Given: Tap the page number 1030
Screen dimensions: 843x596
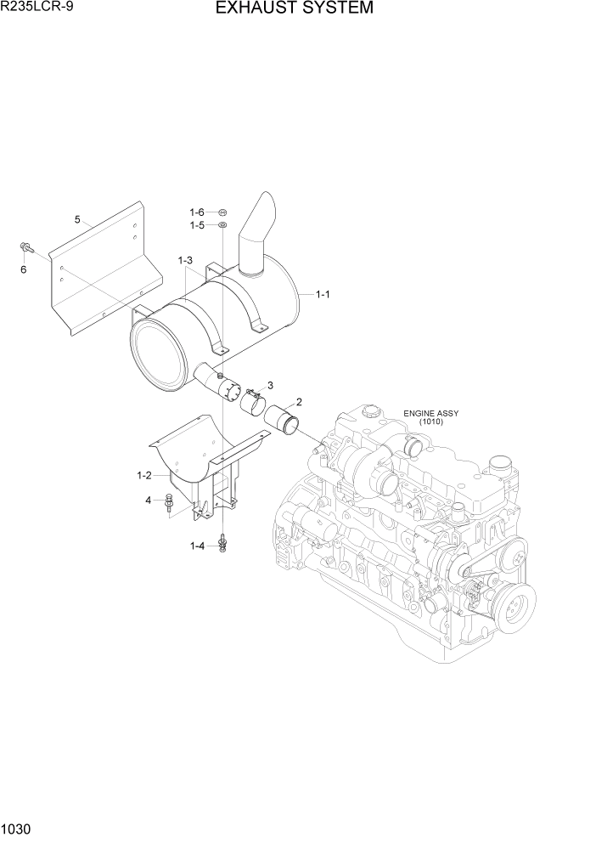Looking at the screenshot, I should [x=16, y=829].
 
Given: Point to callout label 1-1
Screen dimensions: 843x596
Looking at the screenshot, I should [x=323, y=295].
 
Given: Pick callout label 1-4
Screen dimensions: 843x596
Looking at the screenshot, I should [x=197, y=546].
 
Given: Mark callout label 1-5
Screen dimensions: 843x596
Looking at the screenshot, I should [x=196, y=225].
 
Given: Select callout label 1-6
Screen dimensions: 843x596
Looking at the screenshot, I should [x=196, y=212].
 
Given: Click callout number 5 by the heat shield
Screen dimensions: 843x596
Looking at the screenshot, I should [x=77, y=219].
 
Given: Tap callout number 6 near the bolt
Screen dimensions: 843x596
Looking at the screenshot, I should [x=23, y=269].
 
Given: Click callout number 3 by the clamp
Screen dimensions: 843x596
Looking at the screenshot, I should [x=270, y=385].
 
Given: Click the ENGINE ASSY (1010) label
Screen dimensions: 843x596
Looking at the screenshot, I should [x=430, y=417].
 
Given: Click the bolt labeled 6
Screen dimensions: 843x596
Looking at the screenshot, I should [x=25, y=248].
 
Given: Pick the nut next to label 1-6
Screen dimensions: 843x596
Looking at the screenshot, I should [x=222, y=212].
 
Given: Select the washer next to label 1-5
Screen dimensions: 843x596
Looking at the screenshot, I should [x=222, y=225].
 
